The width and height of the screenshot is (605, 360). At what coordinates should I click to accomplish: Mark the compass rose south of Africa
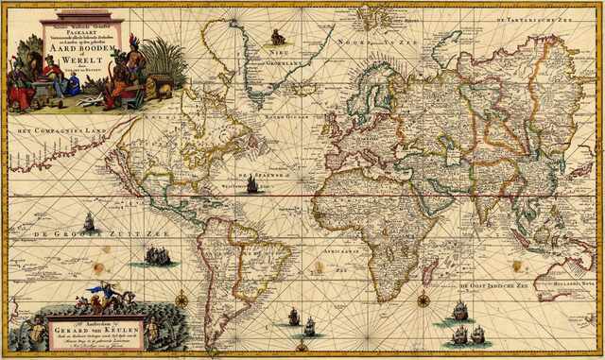423,301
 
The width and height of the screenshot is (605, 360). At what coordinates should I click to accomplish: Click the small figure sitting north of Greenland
278,38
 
